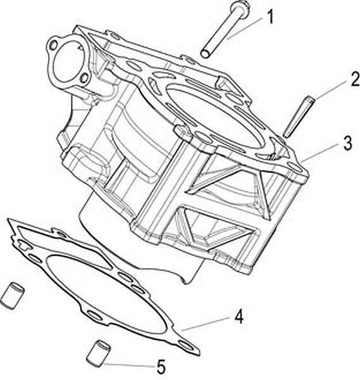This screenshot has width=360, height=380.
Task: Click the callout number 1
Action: click(270, 17)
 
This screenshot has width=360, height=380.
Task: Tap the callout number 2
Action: click(355, 80)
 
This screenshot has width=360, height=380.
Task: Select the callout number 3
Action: click(348, 143)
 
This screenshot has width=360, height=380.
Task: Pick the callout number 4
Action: click(239, 317)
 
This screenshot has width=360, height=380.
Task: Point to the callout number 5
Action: click(161, 367)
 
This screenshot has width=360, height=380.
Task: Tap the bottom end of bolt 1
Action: click(206, 54)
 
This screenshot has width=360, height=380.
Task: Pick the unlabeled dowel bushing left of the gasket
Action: click(12, 295)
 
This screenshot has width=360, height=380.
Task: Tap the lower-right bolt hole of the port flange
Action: click(84, 78)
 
